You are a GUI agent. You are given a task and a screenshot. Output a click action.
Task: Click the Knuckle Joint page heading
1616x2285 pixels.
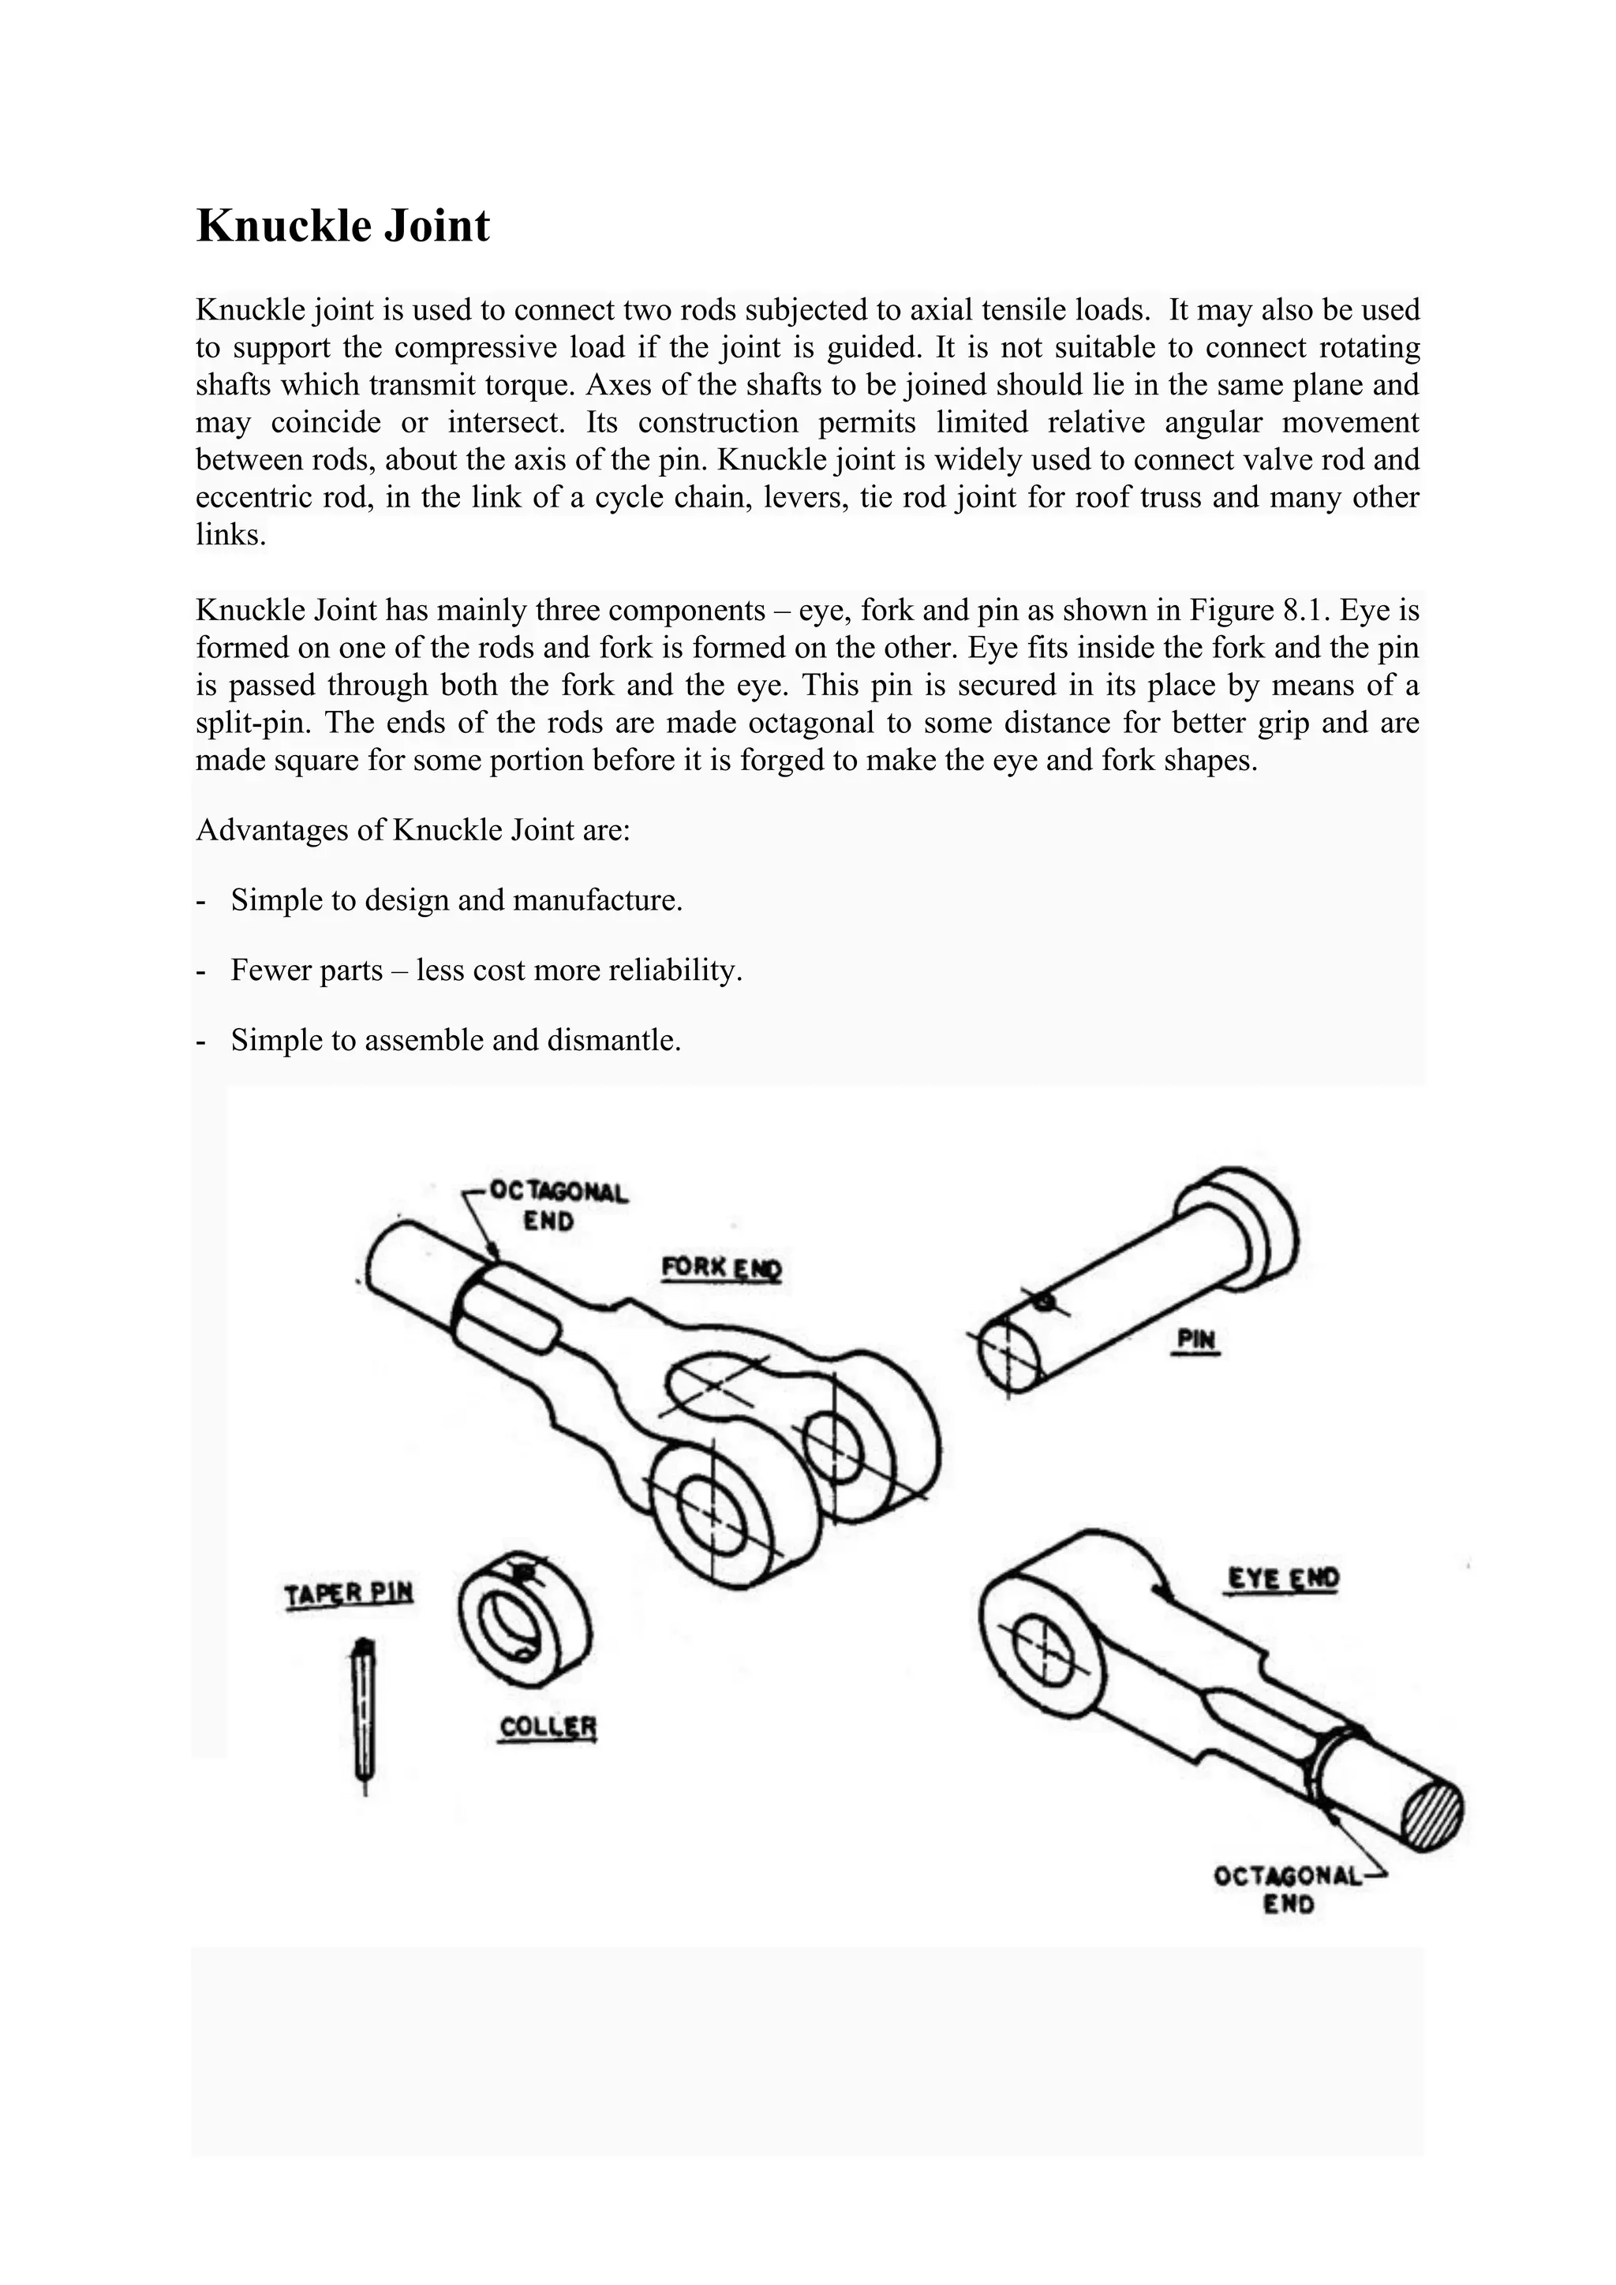tap(342, 226)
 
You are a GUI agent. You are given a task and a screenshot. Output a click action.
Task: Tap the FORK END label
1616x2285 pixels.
tap(721, 1269)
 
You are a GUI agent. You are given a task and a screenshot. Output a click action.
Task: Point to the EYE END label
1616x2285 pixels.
tap(1284, 1578)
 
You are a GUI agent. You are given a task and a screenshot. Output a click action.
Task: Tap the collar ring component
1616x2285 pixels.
tap(525, 1619)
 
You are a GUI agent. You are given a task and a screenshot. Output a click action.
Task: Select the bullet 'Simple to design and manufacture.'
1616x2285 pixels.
tap(456, 899)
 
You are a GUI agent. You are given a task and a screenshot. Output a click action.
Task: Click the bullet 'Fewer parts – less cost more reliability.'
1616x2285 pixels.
tap(487, 970)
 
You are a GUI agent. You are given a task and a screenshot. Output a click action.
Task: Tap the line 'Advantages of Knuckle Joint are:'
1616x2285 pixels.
tap(413, 830)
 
